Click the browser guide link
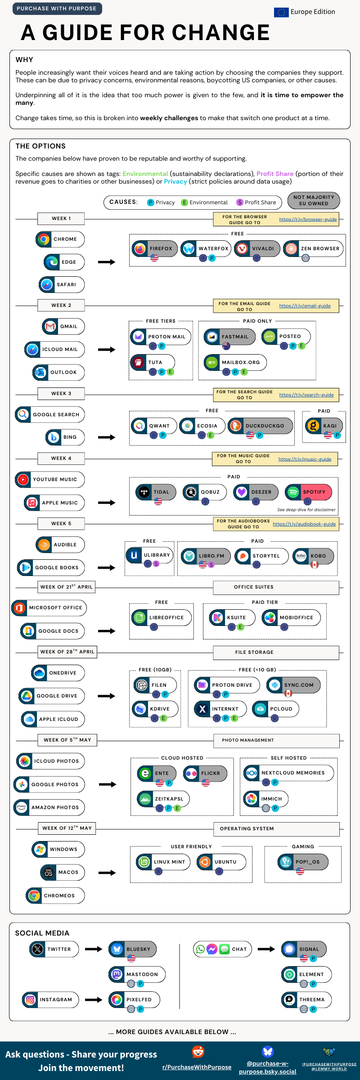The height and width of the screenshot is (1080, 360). point(308,219)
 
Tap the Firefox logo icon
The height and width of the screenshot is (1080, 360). point(140,248)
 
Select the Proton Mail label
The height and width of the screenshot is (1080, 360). point(166,337)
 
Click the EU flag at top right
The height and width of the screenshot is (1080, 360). point(281,12)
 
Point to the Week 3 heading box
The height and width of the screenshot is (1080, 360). point(61,393)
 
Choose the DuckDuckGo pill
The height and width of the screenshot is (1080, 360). point(261,426)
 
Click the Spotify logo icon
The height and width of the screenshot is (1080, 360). point(293,492)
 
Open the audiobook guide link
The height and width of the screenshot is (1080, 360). point(304,524)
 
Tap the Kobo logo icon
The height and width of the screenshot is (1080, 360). point(301,556)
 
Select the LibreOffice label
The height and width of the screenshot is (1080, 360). point(166,617)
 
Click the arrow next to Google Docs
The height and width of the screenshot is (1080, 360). point(107,631)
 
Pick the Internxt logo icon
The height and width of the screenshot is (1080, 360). point(202,709)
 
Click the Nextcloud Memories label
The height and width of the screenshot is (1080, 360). point(293,773)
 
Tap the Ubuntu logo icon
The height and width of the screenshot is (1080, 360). point(205,862)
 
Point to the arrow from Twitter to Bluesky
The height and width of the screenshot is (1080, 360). point(94,949)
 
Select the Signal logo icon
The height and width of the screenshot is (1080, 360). point(289,949)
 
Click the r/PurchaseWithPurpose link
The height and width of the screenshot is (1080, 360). point(197,1067)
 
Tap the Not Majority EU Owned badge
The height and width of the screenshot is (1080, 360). point(314,201)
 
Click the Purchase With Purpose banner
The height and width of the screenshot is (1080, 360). point(57,9)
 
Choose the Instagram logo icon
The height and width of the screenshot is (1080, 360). point(30,999)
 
